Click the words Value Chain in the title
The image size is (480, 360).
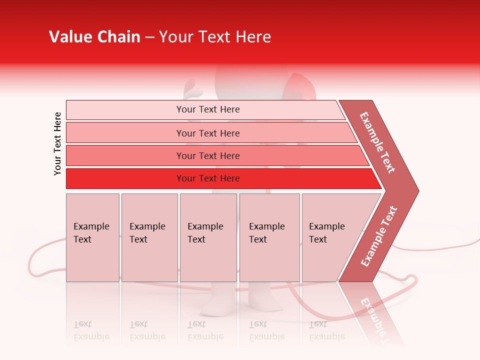(x=94, y=37)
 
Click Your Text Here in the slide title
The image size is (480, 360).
(x=215, y=37)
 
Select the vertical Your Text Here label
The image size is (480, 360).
(x=57, y=143)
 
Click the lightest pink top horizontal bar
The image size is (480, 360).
(x=125, y=110)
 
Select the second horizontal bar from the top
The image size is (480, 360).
(x=125, y=133)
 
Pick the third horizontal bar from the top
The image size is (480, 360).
(x=125, y=155)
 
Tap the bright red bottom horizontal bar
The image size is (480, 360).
(x=125, y=178)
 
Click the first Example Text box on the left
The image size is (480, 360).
(x=92, y=237)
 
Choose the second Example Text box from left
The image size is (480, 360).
(x=149, y=237)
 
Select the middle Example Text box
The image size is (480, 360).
(x=208, y=237)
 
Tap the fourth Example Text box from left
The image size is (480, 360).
(x=269, y=237)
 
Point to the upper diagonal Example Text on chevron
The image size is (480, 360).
(x=377, y=142)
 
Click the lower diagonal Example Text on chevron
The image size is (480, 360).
(x=379, y=236)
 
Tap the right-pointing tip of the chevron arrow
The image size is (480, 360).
(x=416, y=190)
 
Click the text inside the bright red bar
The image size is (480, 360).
(x=208, y=178)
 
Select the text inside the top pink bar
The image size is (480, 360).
(x=208, y=109)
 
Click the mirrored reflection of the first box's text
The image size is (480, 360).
(x=91, y=330)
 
